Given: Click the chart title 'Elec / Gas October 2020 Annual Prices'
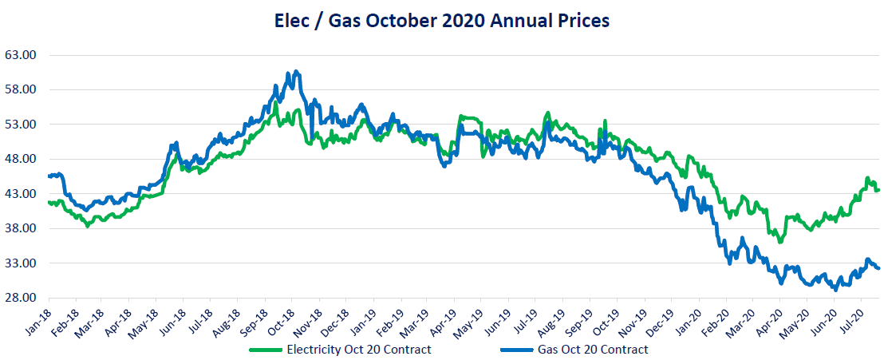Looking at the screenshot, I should pos(441,21).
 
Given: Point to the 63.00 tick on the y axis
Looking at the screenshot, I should pos(22,55).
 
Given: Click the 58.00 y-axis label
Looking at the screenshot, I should pos(22,89).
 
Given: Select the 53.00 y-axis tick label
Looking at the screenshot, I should pos(22,125).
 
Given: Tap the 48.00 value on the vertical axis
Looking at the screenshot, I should pos(22,159).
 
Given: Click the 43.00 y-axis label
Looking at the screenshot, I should pos(22,194).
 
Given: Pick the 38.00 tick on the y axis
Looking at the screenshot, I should pos(22,228).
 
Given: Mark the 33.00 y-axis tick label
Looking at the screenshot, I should pos(22,263).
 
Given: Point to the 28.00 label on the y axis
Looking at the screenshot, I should pos(22,298).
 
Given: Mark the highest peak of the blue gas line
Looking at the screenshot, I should pos(296,72).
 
